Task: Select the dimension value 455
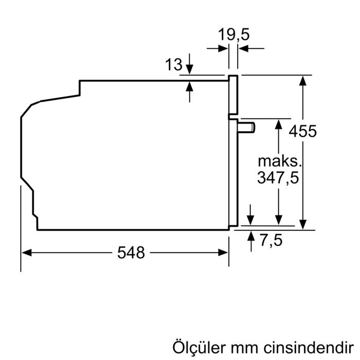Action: point(302,131)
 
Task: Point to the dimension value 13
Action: point(174,65)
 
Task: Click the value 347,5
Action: point(278,178)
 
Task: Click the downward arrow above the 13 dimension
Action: point(190,70)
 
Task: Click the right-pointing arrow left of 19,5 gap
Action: point(224,49)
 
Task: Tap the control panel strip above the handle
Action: point(233,95)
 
